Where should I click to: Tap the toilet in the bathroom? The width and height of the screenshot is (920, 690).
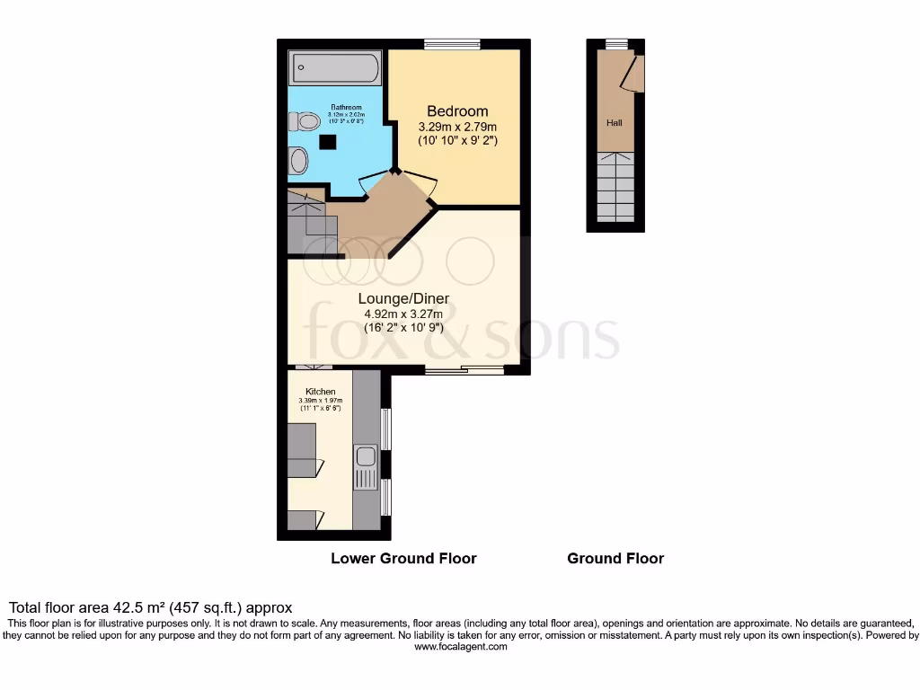(305, 121)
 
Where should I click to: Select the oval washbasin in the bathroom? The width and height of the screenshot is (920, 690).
(299, 162)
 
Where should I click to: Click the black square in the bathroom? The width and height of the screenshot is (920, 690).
(328, 141)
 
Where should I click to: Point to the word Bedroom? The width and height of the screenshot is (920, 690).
(457, 111)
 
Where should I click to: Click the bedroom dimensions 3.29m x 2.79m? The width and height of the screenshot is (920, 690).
(457, 127)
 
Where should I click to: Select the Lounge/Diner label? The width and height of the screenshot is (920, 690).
(403, 298)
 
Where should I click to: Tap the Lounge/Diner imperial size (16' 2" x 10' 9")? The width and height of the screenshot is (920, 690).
(403, 328)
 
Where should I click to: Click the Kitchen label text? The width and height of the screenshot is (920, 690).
(321, 393)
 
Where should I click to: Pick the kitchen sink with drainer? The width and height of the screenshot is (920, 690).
(365, 467)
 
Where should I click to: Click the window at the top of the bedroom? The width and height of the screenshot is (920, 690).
(452, 44)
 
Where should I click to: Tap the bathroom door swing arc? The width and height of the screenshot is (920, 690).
(372, 182)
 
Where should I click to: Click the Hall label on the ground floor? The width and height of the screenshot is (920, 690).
(615, 122)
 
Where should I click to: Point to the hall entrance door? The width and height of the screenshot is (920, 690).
(635, 73)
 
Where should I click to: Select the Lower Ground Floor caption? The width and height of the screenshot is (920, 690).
(403, 558)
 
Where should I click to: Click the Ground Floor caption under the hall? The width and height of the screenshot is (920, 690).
(615, 558)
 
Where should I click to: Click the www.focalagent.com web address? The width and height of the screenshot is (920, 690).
(459, 646)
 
